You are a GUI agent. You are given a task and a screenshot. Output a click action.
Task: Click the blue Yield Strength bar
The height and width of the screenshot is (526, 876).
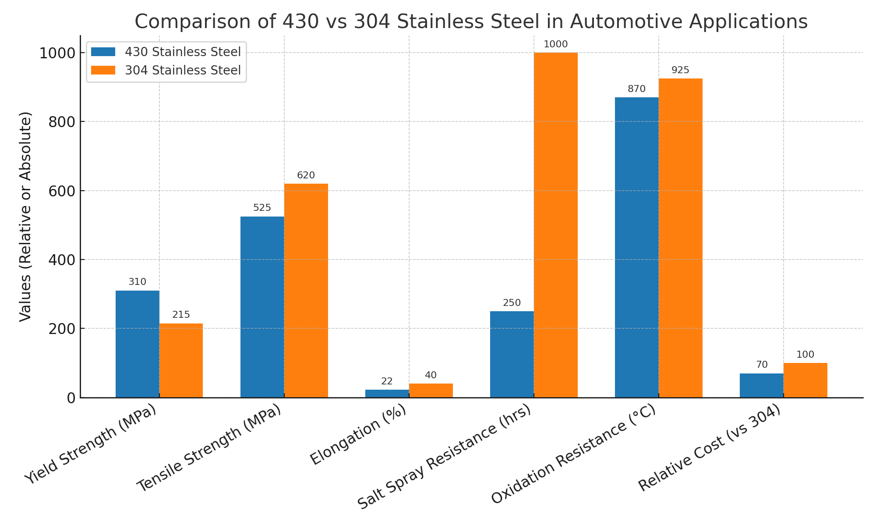(x=137, y=344)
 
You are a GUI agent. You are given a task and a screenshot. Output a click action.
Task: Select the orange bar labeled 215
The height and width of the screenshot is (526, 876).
(x=181, y=360)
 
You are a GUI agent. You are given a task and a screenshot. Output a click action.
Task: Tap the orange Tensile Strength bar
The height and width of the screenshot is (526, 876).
(x=306, y=291)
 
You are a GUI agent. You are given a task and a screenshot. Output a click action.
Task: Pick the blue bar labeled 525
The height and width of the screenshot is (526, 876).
(x=262, y=307)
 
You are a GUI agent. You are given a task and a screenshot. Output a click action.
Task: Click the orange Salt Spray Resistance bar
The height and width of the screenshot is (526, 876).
(x=555, y=225)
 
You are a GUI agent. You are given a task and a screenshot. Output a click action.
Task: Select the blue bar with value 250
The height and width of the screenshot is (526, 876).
(x=512, y=354)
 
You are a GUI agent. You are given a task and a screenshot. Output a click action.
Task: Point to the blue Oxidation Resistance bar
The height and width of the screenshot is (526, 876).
(x=636, y=247)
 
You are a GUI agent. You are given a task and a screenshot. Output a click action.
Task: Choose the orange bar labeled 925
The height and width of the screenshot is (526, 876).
(x=680, y=238)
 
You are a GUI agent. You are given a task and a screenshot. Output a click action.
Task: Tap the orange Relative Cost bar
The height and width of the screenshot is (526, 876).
(x=805, y=380)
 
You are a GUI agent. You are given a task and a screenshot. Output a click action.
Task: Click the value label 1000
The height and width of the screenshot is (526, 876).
(x=555, y=44)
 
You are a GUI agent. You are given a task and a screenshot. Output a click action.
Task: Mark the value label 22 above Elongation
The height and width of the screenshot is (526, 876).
(x=387, y=381)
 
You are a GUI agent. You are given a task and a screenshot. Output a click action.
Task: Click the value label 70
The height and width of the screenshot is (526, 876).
(x=762, y=365)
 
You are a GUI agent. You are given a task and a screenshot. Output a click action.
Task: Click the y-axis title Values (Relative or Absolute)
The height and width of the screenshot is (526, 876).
(x=25, y=217)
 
